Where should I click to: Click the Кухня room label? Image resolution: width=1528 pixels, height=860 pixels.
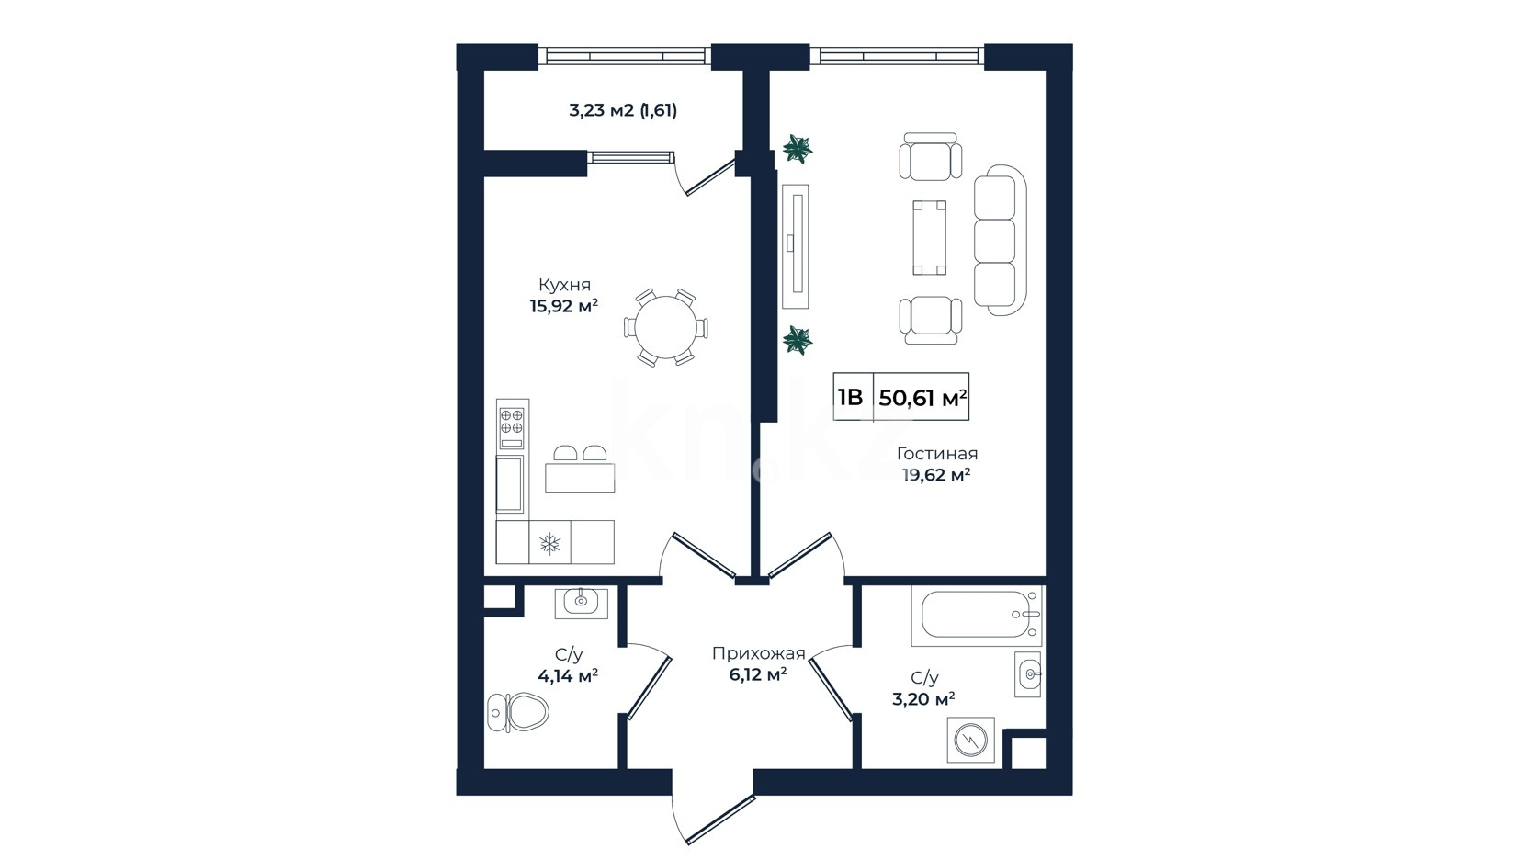(x=564, y=285)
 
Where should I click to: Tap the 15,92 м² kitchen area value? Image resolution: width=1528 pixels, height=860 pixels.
(x=564, y=306)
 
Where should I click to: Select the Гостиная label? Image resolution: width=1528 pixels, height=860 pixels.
(x=936, y=454)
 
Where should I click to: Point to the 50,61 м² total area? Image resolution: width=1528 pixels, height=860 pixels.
(x=922, y=398)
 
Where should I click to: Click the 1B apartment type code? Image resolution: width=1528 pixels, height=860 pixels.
(x=850, y=397)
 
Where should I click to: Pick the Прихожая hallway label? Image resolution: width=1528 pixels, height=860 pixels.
(x=759, y=653)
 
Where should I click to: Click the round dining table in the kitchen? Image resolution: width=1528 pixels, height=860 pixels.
(x=666, y=327)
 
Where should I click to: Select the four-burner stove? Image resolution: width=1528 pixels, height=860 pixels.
(x=512, y=424)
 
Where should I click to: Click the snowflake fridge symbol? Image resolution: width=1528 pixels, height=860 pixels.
(x=549, y=544)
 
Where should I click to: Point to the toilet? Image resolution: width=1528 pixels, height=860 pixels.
(x=517, y=713)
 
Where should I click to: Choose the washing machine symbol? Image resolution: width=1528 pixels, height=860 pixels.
(x=970, y=740)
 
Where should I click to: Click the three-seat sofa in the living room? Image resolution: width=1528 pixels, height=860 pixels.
(x=1000, y=240)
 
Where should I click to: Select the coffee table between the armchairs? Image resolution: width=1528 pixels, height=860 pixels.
(x=929, y=237)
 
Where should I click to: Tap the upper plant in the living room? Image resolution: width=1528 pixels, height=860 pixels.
(x=797, y=149)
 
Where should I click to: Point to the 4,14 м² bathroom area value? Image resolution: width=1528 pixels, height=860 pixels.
(x=568, y=676)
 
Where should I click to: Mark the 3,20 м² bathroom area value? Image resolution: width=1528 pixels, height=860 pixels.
(x=922, y=699)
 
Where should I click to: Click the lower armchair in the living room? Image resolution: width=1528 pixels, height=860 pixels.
(x=931, y=320)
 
